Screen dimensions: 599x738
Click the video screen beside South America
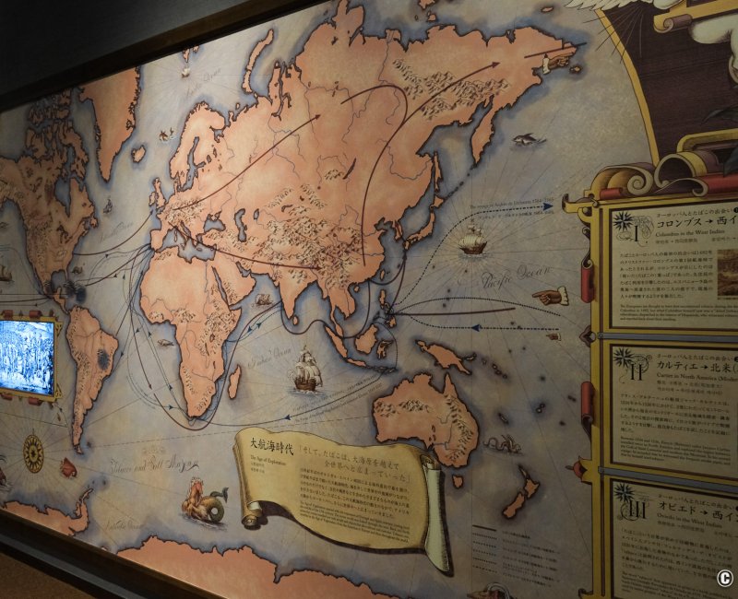[26, 358]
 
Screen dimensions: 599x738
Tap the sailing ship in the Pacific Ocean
[472, 241]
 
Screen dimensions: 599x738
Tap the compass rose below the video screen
[33, 452]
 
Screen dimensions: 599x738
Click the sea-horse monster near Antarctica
[205, 502]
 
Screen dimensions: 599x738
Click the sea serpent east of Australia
[499, 443]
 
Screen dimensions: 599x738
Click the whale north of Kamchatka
[525, 139]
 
